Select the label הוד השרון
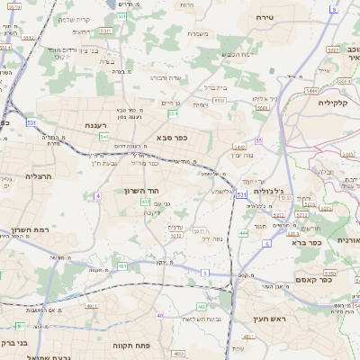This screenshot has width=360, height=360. [x=138, y=192]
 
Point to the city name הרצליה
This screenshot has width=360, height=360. [x=39, y=176]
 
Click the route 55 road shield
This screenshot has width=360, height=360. [x=258, y=140]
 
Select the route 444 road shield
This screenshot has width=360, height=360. [x=242, y=233]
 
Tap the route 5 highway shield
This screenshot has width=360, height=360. [x=205, y=271]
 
